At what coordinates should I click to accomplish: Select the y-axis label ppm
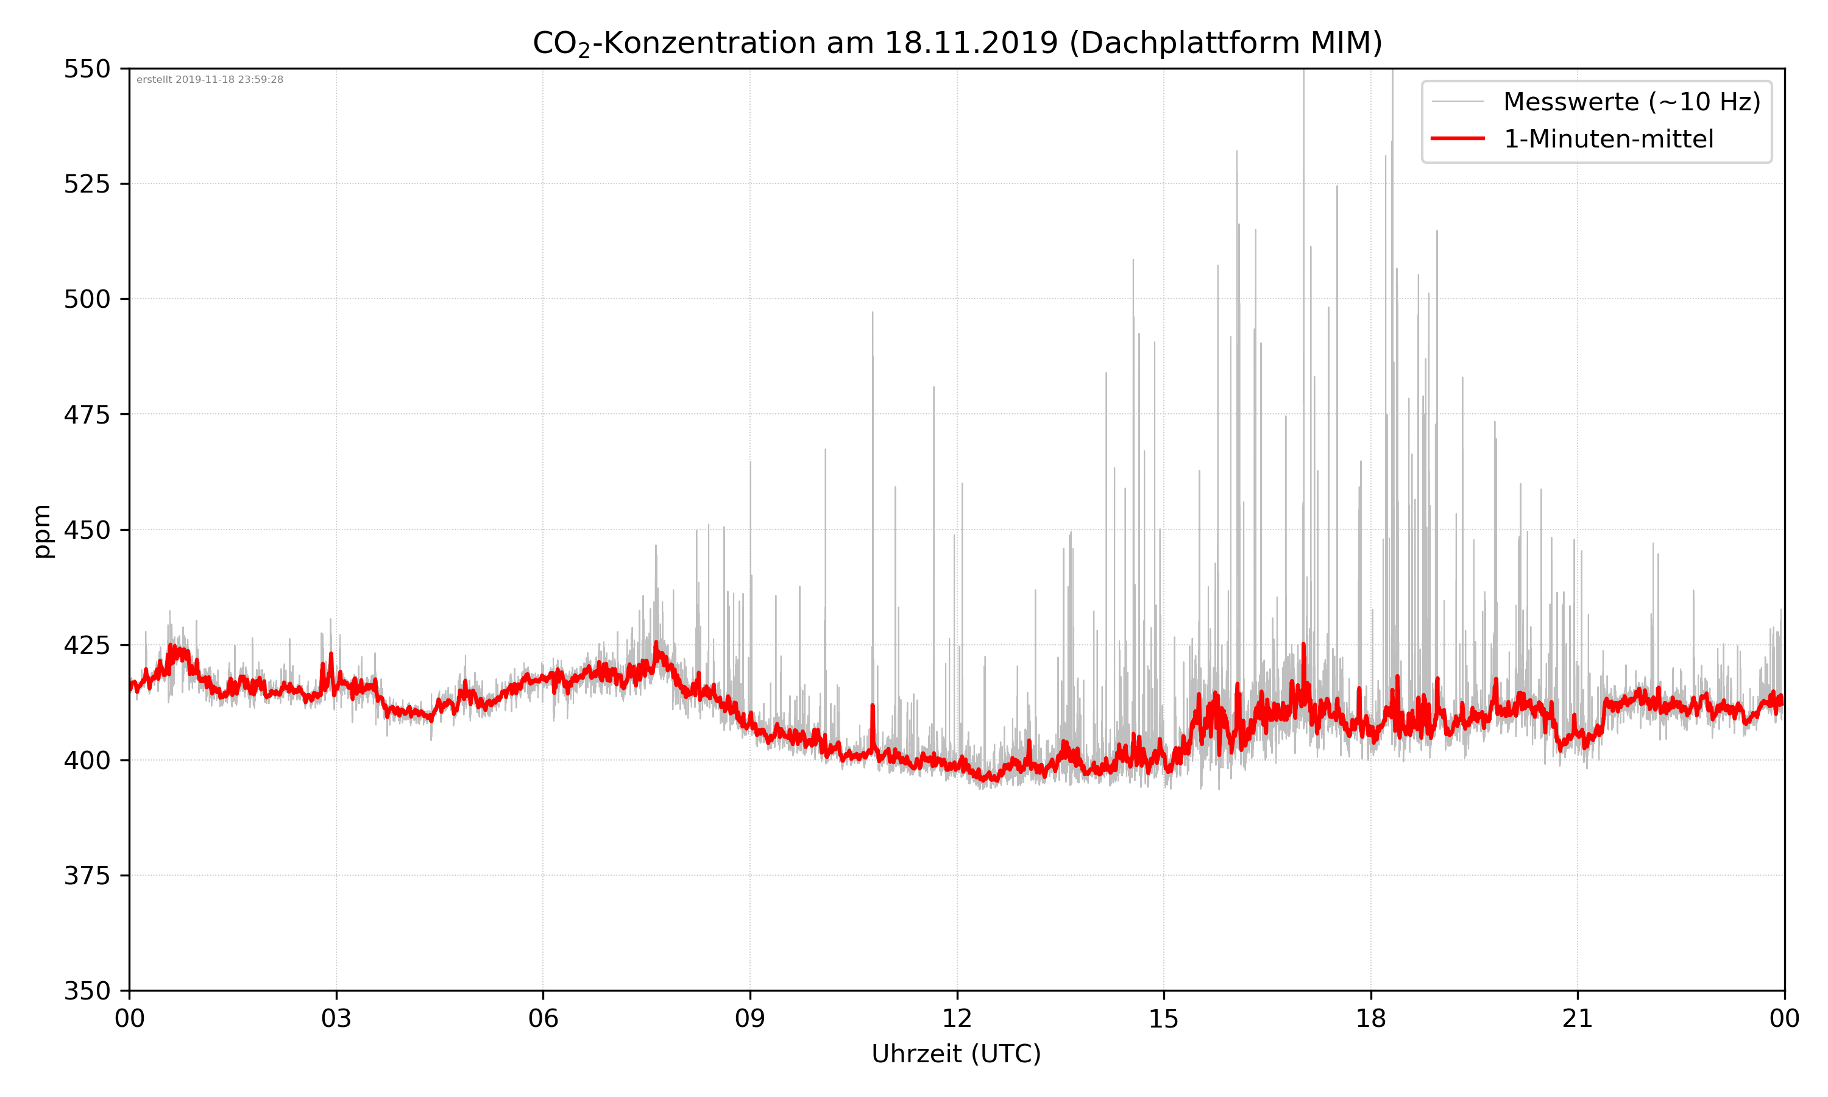click(x=42, y=531)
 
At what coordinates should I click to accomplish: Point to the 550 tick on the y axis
click(x=87, y=69)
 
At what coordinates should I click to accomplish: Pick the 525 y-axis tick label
click(x=87, y=184)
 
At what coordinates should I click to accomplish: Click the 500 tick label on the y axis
click(x=87, y=299)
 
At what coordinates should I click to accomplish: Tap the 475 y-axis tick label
click(x=87, y=414)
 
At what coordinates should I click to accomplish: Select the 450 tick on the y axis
click(x=87, y=530)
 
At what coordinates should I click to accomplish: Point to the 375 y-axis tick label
click(x=87, y=876)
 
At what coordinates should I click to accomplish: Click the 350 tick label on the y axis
click(x=87, y=992)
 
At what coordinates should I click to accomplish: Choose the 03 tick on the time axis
click(x=336, y=1018)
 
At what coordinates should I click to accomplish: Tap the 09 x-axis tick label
click(x=750, y=1018)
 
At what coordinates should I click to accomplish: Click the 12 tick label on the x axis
click(x=957, y=1018)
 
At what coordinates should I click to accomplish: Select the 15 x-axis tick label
click(x=1164, y=1018)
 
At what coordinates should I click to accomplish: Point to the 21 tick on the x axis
click(x=1578, y=1018)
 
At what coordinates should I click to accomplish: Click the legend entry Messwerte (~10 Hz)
click(x=1631, y=102)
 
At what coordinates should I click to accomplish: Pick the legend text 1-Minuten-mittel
click(x=1608, y=139)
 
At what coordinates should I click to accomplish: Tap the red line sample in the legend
click(x=1457, y=138)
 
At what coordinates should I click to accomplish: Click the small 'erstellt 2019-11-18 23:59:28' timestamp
click(x=210, y=80)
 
